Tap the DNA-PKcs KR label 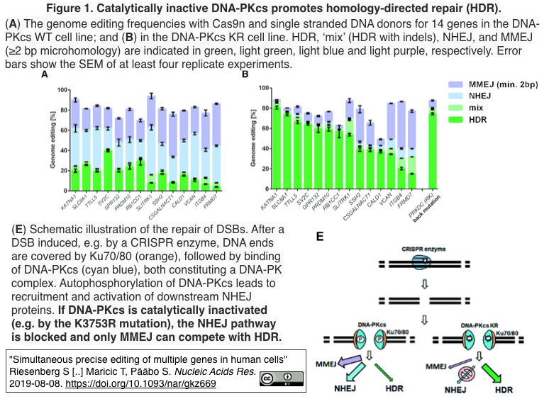(x=480, y=325)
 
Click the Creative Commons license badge (x=277, y=377)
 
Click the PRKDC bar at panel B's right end (x=432, y=145)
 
